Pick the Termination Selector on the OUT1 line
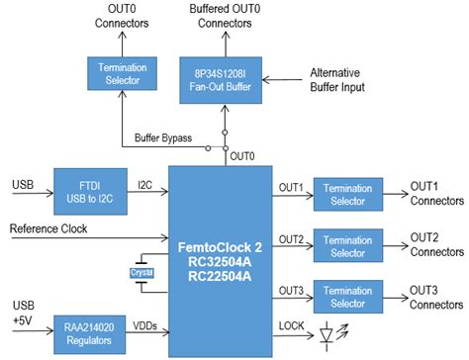coord(348,194)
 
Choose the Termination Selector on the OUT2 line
coord(348,246)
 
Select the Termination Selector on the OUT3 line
coord(348,298)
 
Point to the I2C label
coord(145,183)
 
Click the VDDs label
coord(146,323)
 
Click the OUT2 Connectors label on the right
coord(434,245)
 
